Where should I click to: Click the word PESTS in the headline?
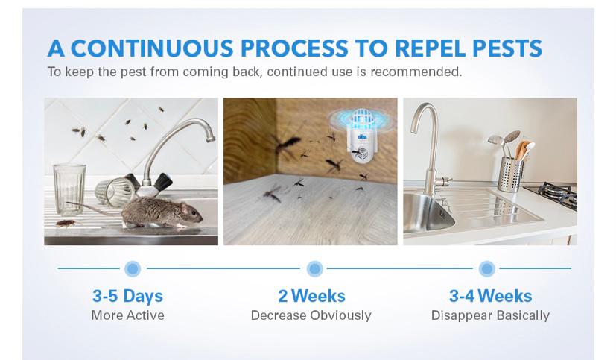(x=507, y=48)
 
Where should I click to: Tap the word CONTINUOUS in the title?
(x=152, y=48)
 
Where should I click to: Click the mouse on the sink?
(x=157, y=212)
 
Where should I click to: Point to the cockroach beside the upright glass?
(x=66, y=224)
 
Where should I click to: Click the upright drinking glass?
(x=69, y=190)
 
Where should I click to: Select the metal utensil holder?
(x=510, y=174)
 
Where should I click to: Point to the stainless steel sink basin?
(x=428, y=212)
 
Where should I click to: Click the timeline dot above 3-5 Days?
(x=133, y=269)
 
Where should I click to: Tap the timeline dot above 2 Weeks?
(x=314, y=269)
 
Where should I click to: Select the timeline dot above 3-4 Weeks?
(x=486, y=269)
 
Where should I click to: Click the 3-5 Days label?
(x=127, y=297)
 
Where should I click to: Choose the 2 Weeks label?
(x=311, y=296)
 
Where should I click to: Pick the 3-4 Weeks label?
(x=490, y=296)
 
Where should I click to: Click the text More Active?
(x=127, y=315)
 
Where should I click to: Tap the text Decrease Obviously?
(x=311, y=315)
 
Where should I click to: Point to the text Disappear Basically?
(x=490, y=315)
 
